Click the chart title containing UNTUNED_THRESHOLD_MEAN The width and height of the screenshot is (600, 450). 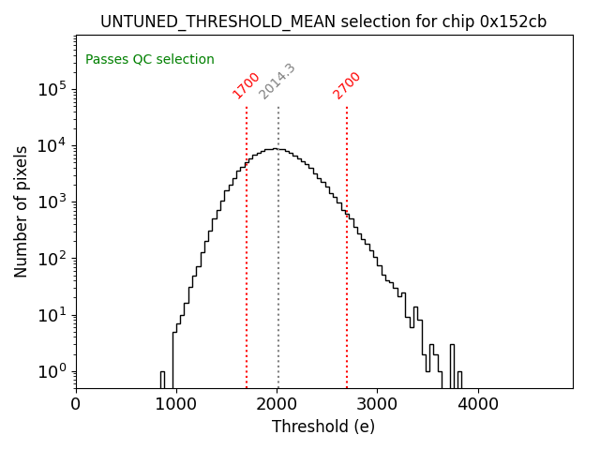323,22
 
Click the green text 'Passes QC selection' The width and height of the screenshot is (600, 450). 150,60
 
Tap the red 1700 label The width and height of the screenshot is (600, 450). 246,84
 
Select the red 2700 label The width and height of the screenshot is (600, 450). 347,84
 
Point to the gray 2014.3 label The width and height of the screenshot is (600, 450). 277,82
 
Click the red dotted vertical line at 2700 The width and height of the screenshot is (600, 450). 347,281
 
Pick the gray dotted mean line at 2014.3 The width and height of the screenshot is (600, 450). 278,281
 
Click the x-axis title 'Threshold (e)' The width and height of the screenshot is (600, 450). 323,427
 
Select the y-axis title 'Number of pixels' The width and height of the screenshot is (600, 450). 22,211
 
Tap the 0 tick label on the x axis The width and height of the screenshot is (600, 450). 76,405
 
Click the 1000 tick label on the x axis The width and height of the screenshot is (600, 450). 176,405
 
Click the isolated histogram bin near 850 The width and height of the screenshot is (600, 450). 162,380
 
